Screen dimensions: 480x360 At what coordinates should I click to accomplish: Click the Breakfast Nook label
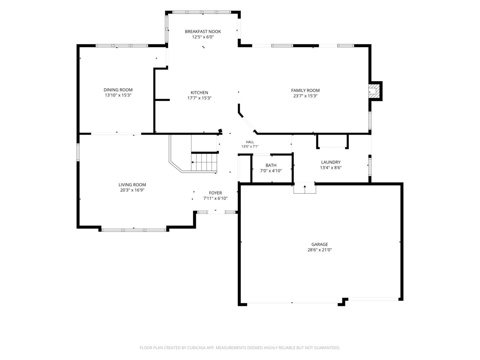coord(203,31)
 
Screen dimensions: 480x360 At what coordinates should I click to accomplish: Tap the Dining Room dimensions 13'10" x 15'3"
coord(118,95)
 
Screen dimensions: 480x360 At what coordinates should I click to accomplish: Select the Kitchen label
coord(199,92)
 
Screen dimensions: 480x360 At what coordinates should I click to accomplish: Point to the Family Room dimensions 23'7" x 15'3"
coord(305,96)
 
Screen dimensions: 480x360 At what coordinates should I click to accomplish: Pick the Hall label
coord(250,142)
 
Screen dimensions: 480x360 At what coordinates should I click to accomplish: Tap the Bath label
coord(271,165)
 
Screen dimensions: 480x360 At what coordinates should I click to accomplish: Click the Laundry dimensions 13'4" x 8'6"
coord(331,168)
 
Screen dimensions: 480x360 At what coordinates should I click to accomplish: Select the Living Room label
coord(132,185)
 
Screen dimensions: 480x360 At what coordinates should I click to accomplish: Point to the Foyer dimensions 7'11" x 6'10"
coord(215,198)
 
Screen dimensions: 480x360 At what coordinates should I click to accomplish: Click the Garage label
coord(319,244)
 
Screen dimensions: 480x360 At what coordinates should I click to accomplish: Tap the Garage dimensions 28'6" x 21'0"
coord(319,250)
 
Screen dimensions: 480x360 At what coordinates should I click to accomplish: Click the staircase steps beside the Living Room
coord(204,162)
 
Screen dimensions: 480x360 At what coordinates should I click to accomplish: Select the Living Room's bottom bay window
coord(134,230)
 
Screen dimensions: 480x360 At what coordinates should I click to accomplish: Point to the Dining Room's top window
coord(122,46)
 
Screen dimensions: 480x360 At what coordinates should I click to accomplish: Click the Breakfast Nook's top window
coord(202,12)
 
